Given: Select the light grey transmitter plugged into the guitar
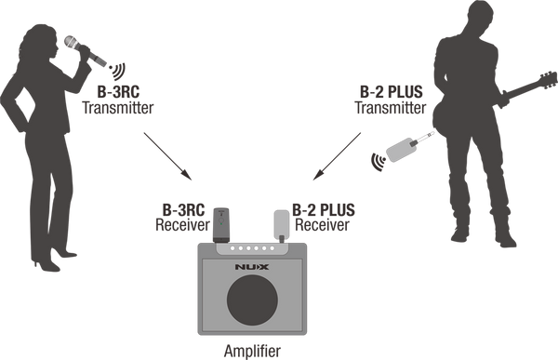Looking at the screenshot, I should (406, 146).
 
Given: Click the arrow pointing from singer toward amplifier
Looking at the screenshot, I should (166, 153).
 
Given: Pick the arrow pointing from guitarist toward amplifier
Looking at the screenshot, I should (340, 153).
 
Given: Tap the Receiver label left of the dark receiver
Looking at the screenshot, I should (180, 225).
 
